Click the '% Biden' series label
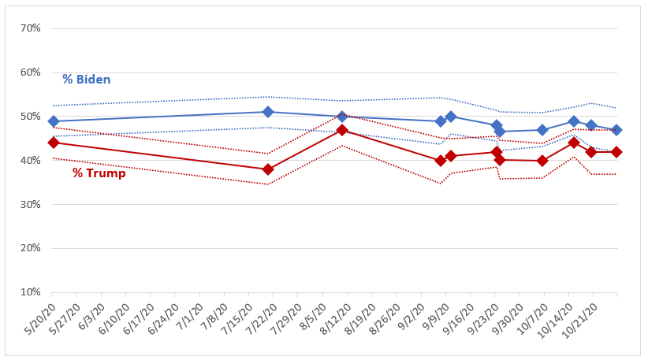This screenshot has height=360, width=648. coord(87,80)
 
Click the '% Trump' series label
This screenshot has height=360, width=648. coord(99,173)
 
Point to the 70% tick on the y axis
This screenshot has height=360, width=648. coord(31,28)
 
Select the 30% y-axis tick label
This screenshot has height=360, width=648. coord(31,204)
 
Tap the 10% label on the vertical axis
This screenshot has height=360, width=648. coord(31,292)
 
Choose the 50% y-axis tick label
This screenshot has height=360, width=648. coord(31,117)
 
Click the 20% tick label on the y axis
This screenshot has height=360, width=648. coord(31,248)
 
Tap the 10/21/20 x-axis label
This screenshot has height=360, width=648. coord(581,321)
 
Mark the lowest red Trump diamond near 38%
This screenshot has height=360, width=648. coord(268,169)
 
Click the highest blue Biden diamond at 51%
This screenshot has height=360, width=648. coord(268,112)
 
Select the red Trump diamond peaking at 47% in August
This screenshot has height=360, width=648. coord(342,130)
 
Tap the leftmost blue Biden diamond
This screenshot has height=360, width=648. coord(54,121)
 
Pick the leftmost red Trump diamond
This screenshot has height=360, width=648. coord(54,143)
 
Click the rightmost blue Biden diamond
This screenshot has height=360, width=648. coord(616,130)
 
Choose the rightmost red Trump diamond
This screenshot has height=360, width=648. coord(616,152)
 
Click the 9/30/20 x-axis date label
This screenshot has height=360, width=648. coord(508,319)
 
